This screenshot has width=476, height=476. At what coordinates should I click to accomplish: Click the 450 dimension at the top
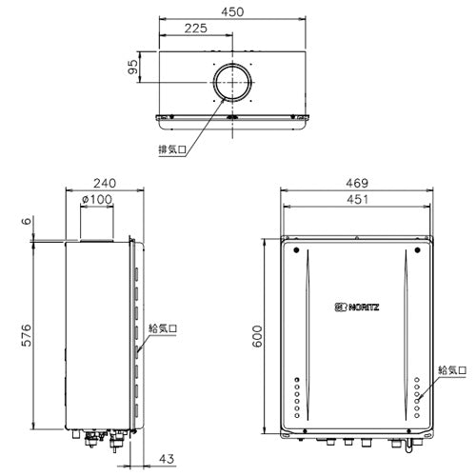coord(232,12)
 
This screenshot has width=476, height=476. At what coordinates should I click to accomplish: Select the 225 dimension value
coord(196,29)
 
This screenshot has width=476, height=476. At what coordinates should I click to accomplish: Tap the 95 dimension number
coord(133,67)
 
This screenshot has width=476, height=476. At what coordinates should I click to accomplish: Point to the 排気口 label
coord(172,149)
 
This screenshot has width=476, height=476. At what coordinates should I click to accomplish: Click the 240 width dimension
coord(105,184)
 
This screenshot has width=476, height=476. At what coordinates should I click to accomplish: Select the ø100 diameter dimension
coord(97,200)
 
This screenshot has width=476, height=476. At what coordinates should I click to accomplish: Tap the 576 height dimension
coord(27,335)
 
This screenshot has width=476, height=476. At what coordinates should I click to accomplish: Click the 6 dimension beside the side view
coord(28,221)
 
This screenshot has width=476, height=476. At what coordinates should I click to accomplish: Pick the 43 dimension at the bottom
coord(167,459)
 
